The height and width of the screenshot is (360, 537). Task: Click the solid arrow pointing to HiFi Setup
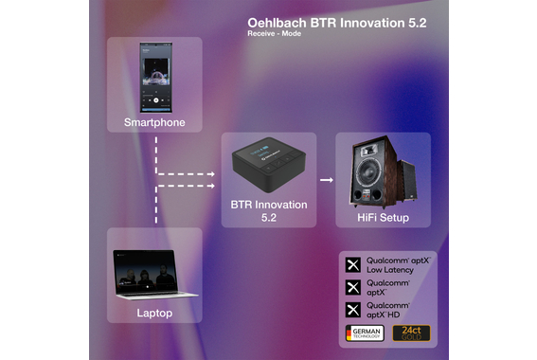click(326, 177)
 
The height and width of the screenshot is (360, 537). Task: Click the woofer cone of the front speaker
click(371, 183)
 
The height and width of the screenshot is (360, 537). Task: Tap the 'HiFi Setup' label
click(384, 217)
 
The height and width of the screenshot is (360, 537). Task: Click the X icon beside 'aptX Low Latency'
click(353, 264)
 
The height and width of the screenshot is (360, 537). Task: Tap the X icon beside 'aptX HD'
click(353, 308)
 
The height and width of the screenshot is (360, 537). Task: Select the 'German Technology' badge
click(366, 333)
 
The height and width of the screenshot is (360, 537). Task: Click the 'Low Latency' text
click(391, 269)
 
